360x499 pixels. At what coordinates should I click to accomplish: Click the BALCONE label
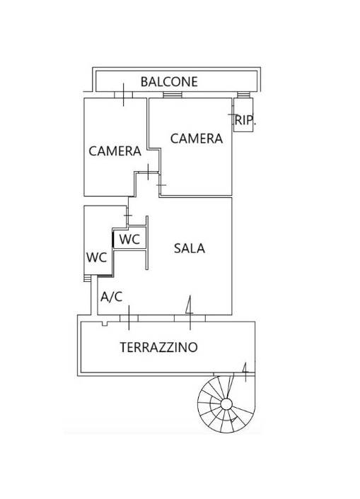pos(169,82)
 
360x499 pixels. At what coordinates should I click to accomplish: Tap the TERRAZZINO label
pos(158,347)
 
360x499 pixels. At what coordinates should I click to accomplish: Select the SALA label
pos(190,248)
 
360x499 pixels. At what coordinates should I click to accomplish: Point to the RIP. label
pos(245,120)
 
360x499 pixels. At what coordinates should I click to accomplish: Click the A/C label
pos(112,297)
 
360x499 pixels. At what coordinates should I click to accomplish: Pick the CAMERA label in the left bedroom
pos(115,151)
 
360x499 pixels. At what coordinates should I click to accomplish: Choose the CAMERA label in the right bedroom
pos(197,139)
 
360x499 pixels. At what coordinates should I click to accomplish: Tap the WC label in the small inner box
pos(129,239)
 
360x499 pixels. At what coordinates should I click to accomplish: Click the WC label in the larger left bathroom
pos(96,257)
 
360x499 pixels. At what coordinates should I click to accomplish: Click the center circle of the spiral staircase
pos(226,404)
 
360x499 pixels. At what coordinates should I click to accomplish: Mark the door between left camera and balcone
pos(123,95)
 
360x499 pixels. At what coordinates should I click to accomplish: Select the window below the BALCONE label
pos(173,95)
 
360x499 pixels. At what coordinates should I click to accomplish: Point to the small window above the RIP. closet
pos(243,95)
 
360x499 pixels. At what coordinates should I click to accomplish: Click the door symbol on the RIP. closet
pos(233,115)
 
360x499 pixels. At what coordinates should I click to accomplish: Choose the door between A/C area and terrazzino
pos(129,318)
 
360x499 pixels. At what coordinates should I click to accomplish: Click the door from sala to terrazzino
pos(190,318)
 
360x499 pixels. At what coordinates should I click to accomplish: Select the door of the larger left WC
pos(127,216)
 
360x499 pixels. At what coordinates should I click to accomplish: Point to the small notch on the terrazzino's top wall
pos(105,324)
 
